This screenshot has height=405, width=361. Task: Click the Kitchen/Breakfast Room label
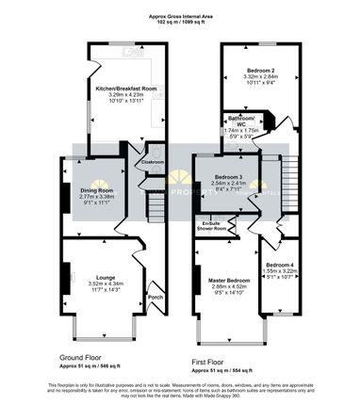point(118,87)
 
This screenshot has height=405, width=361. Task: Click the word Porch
point(155,299)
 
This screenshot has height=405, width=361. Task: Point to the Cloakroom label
point(154,162)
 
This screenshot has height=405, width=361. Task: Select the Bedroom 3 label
point(227,177)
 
